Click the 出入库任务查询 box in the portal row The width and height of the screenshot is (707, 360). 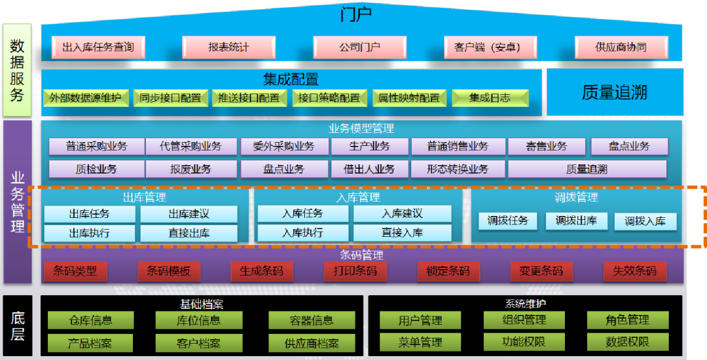(x=98, y=47)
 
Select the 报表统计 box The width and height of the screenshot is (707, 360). (x=229, y=47)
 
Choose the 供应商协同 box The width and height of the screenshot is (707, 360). (x=621, y=47)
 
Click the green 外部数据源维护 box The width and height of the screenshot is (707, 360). (x=86, y=98)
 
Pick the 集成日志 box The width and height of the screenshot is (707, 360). (x=490, y=98)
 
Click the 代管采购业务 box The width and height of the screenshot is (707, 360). (x=190, y=146)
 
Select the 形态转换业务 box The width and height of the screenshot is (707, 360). (x=458, y=169)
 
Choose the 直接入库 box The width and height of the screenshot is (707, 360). (x=403, y=232)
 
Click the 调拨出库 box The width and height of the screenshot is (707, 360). (x=576, y=221)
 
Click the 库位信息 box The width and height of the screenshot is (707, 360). (x=198, y=320)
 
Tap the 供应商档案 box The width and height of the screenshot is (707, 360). (x=312, y=343)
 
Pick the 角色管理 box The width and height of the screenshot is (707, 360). (x=628, y=320)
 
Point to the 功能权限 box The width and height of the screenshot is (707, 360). (x=524, y=342)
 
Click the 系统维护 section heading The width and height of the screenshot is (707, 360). (x=526, y=304)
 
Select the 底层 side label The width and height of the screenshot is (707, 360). (x=18, y=326)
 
